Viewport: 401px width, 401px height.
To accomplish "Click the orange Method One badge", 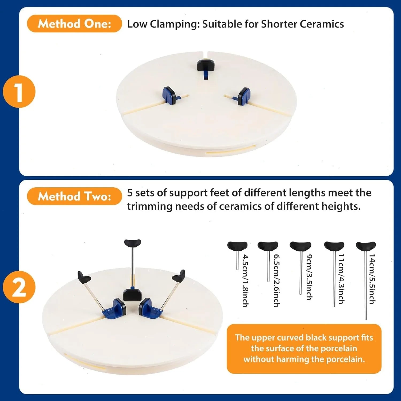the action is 74,24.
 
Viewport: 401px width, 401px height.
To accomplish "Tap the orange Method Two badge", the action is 74,196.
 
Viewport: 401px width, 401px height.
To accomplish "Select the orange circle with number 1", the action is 19,92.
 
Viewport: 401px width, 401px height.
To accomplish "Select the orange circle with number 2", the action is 19,287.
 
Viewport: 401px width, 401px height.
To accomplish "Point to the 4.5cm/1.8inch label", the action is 245,281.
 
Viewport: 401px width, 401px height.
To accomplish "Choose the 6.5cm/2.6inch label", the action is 277,280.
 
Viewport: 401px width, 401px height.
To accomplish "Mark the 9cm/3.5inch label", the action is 309,277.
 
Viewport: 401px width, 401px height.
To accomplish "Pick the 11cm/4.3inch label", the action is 341,279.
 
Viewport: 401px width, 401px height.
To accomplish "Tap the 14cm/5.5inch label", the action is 372,279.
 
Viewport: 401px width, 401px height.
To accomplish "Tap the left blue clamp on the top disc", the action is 169,95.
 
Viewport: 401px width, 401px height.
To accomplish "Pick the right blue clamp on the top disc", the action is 244,96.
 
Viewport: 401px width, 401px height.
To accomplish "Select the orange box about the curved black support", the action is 304,349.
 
